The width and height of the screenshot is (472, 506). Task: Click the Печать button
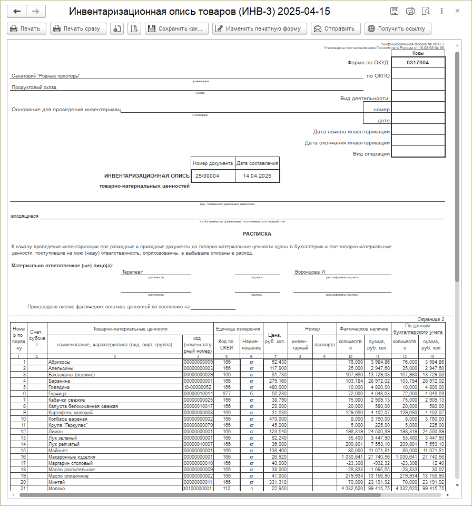(x=27, y=29)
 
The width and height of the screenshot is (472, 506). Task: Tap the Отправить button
(x=336, y=29)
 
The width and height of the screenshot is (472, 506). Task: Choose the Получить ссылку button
(x=397, y=29)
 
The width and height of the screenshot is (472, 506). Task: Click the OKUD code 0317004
(x=418, y=63)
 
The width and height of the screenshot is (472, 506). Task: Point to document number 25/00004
(x=207, y=176)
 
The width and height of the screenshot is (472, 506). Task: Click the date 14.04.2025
(x=257, y=176)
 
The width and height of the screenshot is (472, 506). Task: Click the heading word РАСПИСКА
(x=257, y=233)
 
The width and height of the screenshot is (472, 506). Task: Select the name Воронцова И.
(x=311, y=272)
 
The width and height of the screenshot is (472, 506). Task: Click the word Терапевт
(x=133, y=272)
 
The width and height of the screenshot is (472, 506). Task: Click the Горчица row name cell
(x=57, y=394)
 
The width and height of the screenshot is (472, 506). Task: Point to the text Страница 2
(x=430, y=319)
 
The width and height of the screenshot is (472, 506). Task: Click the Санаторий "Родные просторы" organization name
(x=46, y=76)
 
